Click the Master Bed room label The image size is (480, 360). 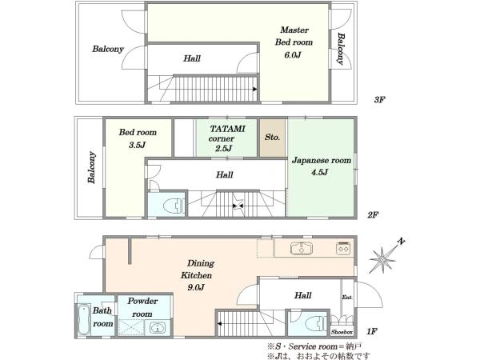coord(294,36)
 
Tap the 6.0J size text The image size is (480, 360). coord(293,55)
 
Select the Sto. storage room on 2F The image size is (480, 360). coord(273,138)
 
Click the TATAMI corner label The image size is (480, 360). coord(227,134)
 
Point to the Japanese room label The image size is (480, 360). coord(321,161)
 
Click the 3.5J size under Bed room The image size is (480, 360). coord(137,145)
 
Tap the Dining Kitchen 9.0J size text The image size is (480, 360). coord(196,287)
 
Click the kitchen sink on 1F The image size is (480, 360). coord(302,248)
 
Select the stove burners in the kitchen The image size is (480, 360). coord(343,248)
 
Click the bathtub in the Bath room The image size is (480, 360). coord(83,319)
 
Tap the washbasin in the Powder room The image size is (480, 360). coord(157,328)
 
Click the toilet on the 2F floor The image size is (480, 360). coord(174,206)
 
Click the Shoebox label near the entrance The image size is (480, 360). coord(342,332)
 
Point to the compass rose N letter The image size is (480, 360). coord(401,242)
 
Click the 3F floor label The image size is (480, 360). coord(379,100)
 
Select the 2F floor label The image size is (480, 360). coord(373,215)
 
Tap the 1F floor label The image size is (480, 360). coord(372,331)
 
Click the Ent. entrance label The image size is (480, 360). coord(347,297)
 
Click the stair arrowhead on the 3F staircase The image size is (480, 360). coord(254,89)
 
